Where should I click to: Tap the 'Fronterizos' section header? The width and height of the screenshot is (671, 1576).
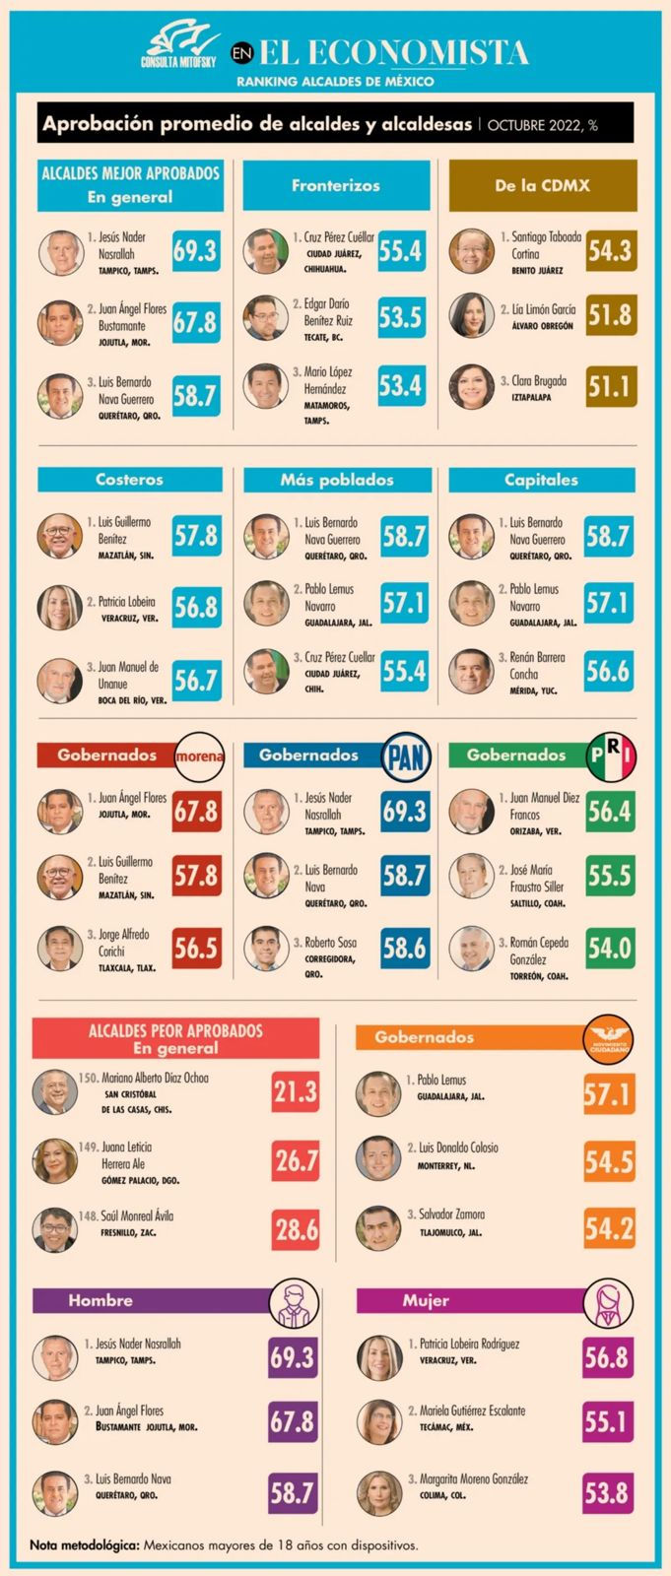tap(336, 185)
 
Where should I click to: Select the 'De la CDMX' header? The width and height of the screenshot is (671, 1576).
tap(542, 185)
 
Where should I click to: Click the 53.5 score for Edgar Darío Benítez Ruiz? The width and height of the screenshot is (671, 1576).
tap(400, 317)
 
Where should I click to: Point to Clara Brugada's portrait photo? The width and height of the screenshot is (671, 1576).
tap(471, 387)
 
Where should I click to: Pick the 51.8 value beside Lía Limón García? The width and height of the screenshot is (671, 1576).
tap(609, 316)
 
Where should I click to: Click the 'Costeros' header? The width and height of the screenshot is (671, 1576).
tap(129, 480)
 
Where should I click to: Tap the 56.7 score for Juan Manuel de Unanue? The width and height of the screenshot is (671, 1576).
tap(196, 680)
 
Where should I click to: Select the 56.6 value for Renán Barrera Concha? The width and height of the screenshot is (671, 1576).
tap(608, 671)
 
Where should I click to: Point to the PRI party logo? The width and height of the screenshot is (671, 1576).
tap(612, 755)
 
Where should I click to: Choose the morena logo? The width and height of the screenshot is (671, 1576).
tap(199, 756)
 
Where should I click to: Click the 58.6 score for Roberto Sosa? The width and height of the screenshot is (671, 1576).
tap(403, 948)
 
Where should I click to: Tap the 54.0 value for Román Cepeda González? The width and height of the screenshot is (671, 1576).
tap(609, 948)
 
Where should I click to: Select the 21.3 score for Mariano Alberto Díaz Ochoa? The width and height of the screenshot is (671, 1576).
tap(296, 1091)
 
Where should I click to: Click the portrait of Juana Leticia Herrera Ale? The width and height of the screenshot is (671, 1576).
tap(54, 1160)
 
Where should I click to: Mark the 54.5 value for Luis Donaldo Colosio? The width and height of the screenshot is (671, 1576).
tap(608, 1161)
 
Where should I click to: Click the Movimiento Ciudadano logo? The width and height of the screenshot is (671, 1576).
tap(608, 1038)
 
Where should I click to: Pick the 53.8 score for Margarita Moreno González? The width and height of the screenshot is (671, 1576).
tap(606, 1492)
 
